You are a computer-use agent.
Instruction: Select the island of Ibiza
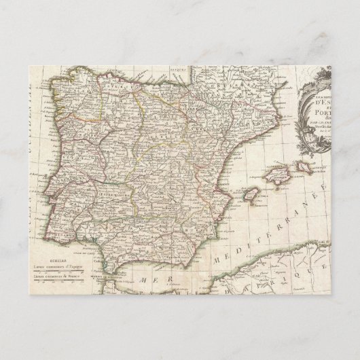coord(249,198)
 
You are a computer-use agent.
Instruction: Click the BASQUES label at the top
coord(201,69)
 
